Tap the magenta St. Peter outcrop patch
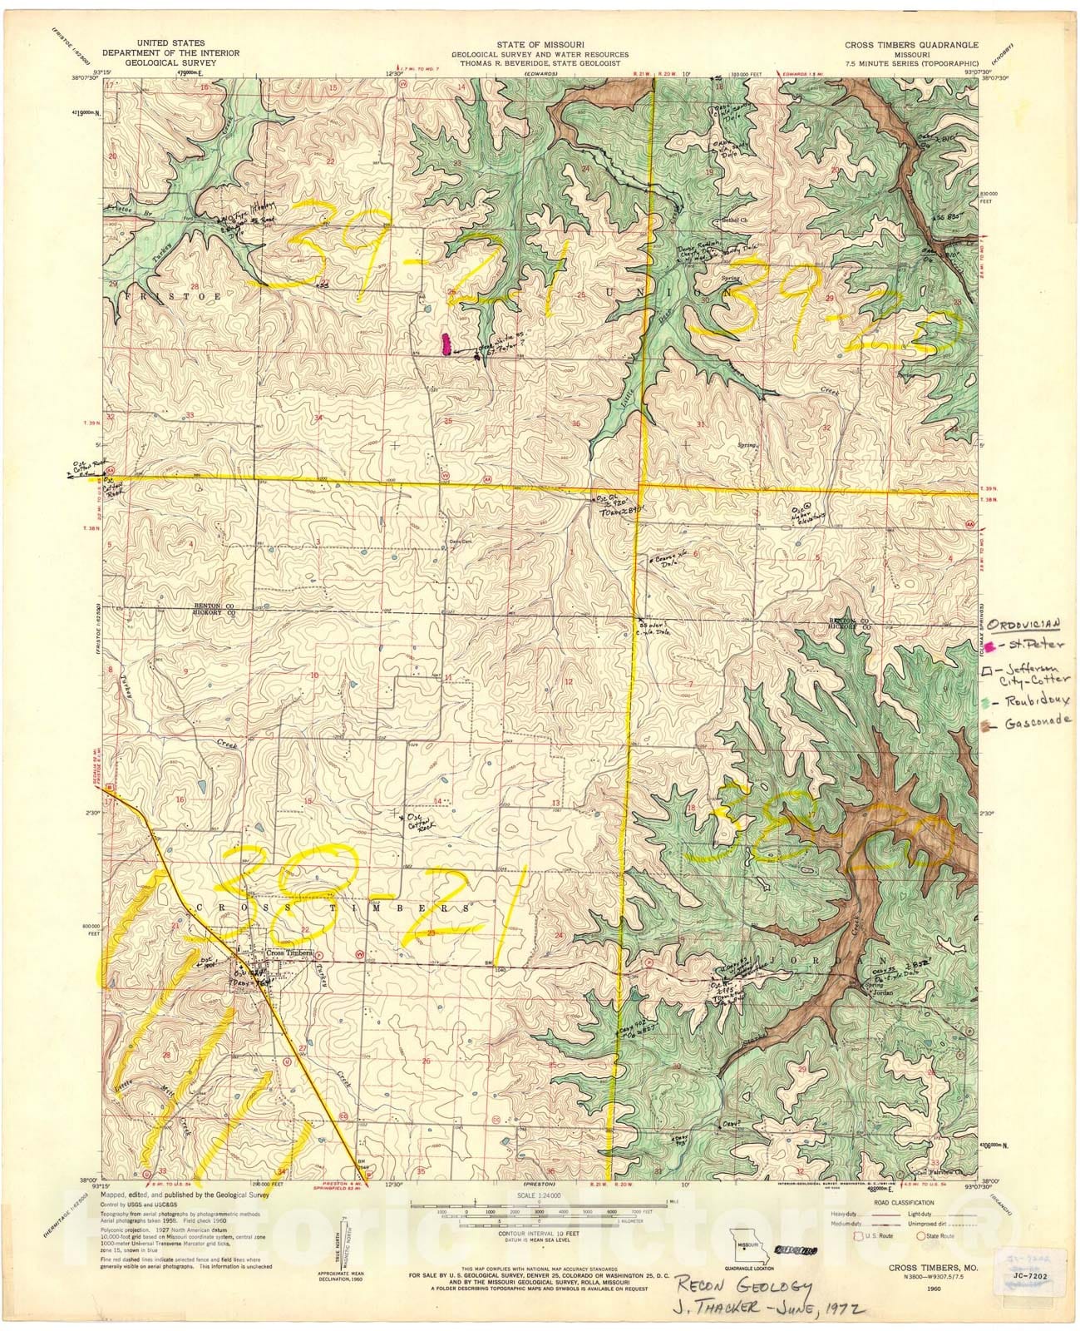pos(446,344)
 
